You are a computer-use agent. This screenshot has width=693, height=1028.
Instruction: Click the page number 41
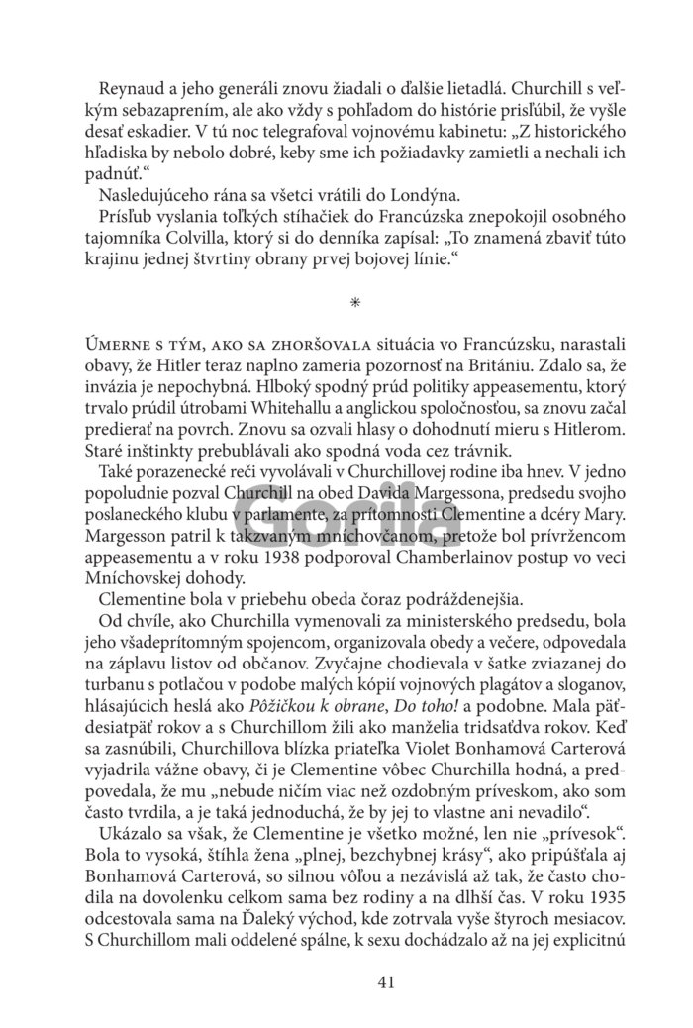(346, 981)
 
